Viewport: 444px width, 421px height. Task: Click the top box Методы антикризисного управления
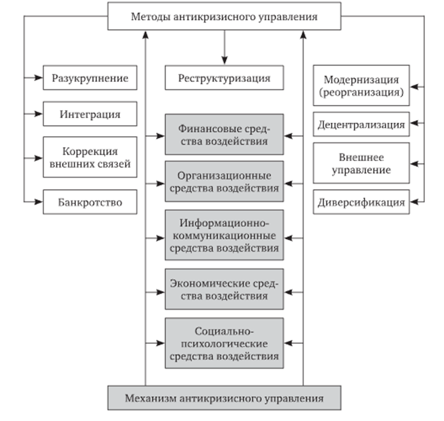pos(224,16)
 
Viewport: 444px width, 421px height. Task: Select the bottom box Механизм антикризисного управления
pos(224,398)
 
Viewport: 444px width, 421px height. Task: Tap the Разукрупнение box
pos(90,78)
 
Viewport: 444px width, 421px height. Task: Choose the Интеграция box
pos(90,114)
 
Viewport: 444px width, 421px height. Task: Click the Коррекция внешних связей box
pos(90,158)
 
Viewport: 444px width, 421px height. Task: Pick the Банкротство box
pos(90,203)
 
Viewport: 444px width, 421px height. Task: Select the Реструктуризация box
pos(224,78)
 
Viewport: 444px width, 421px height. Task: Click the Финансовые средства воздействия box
pos(224,135)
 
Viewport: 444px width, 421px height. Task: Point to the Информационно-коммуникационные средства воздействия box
pos(224,234)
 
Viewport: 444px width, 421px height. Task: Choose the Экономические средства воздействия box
pos(224,289)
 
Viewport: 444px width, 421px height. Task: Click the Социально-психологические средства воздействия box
pos(224,343)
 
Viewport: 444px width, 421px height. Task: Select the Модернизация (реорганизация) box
pos(361,86)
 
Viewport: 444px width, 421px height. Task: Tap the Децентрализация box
pos(361,125)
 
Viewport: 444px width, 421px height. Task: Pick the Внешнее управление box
pos(361,164)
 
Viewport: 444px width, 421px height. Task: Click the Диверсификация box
pos(361,203)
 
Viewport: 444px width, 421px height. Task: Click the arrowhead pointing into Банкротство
pos(39,201)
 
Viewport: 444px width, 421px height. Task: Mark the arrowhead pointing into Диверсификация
pos(414,202)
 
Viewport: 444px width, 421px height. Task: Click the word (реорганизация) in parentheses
pos(361,92)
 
